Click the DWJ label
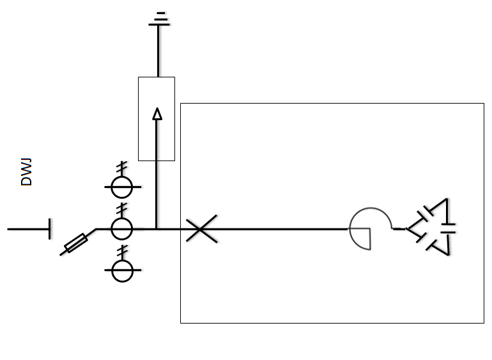tap(26, 173)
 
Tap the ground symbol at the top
tap(159, 19)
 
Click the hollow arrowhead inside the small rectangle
tap(157, 114)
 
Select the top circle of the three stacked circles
tap(121, 187)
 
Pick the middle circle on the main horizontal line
tap(121, 228)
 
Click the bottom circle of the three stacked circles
tap(121, 270)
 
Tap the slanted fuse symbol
tap(77, 244)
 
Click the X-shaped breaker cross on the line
tap(201, 228)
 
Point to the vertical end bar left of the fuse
tap(50, 228)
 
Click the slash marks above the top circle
tap(121, 169)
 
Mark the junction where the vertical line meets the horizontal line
tap(157, 228)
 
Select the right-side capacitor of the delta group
tap(448, 228)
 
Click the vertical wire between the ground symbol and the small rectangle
tap(158, 51)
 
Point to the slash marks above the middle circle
tap(121, 210)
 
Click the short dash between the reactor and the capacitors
tap(399, 228)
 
